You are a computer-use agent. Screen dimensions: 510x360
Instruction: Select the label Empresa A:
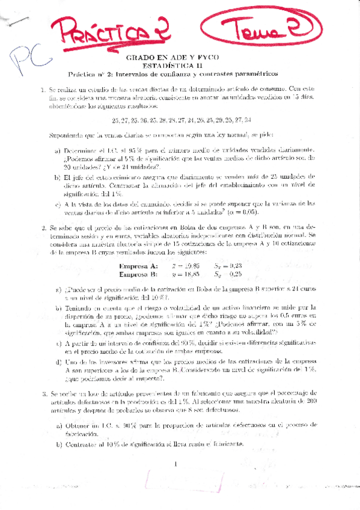(x=139, y=266)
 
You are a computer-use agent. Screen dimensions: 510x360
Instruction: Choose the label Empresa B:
(x=139, y=274)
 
